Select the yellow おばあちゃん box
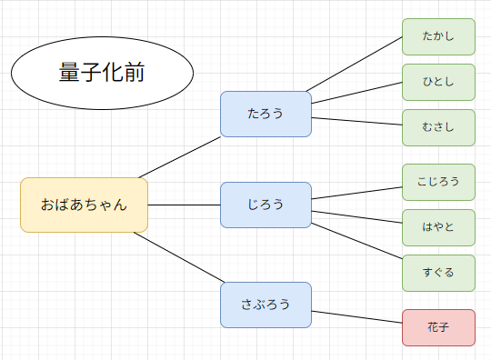click(x=84, y=205)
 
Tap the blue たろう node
click(x=266, y=114)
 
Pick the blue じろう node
click(x=266, y=205)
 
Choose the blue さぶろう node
click(x=266, y=305)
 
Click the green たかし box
click(x=438, y=37)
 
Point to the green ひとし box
click(x=438, y=83)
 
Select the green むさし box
click(x=438, y=128)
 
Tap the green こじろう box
click(x=438, y=182)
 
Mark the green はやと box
click(x=438, y=227)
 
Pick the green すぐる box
click(x=438, y=273)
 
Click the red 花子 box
click(x=438, y=327)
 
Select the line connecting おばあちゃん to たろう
click(x=180, y=156)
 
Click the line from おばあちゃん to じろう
click(x=184, y=205)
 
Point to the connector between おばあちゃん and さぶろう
click(x=177, y=257)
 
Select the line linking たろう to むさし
click(x=356, y=123)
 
